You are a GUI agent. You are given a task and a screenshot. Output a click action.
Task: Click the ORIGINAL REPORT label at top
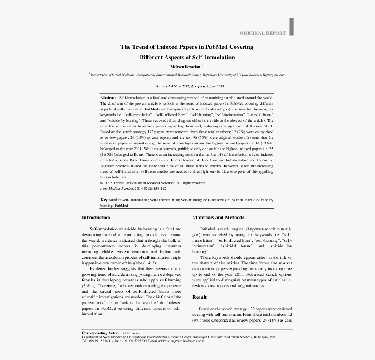tap(262, 33)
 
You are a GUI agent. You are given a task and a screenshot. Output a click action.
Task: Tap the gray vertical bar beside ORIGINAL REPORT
tap(291, 27)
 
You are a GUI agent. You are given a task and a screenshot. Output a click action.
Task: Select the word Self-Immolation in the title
tap(215, 57)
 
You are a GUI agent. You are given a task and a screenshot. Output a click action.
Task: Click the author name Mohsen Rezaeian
tap(185, 67)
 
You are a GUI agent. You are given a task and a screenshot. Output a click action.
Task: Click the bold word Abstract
tap(109, 98)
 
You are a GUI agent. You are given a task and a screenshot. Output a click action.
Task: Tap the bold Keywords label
tap(111, 200)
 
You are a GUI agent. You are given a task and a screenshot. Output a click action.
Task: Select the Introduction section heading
tap(96, 217)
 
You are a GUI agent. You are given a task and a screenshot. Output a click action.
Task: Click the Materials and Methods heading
tap(218, 217)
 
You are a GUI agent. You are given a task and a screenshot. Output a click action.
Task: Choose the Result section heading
tap(200, 297)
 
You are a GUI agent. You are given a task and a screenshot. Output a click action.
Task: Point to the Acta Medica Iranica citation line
tap(133, 189)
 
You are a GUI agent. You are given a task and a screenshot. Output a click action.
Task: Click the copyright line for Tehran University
tap(153, 183)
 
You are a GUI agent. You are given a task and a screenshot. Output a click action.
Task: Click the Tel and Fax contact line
tap(143, 341)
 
